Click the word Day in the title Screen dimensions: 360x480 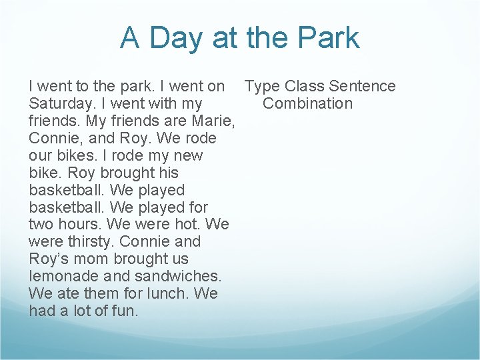[176, 38]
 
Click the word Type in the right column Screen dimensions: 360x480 [262, 87]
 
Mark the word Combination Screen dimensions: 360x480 [307, 104]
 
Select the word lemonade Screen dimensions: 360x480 [63, 276]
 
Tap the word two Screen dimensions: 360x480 [42, 224]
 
